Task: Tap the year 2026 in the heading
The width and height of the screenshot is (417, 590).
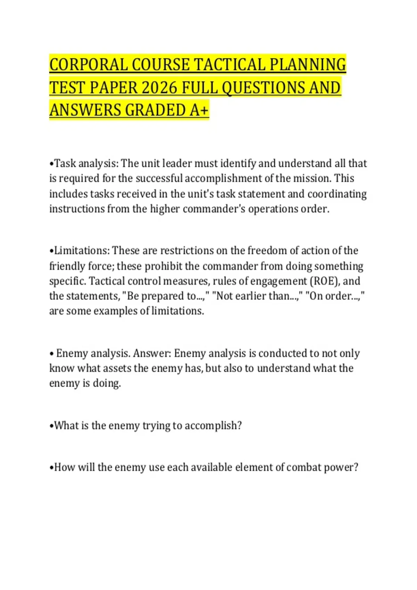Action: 160,87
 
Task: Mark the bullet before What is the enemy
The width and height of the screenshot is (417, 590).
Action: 51,426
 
